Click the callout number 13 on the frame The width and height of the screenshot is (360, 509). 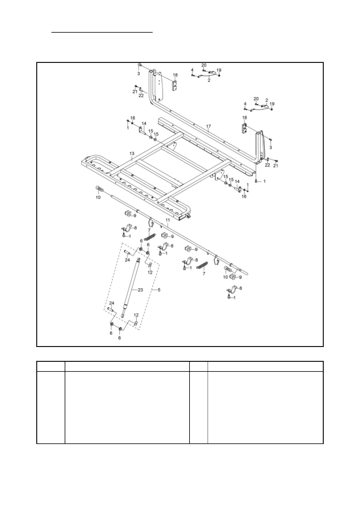(132, 154)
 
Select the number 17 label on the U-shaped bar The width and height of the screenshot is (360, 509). (209, 126)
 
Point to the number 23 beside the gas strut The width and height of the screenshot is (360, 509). (140, 290)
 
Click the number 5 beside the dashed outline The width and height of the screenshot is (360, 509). (159, 290)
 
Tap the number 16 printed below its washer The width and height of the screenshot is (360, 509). (244, 196)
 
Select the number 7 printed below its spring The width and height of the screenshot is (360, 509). (204, 273)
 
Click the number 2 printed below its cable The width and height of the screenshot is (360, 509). (209, 81)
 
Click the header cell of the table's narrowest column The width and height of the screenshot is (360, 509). (198, 366)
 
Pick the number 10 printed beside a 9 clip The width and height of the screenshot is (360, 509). (225, 277)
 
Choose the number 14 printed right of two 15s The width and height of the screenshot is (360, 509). (237, 181)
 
